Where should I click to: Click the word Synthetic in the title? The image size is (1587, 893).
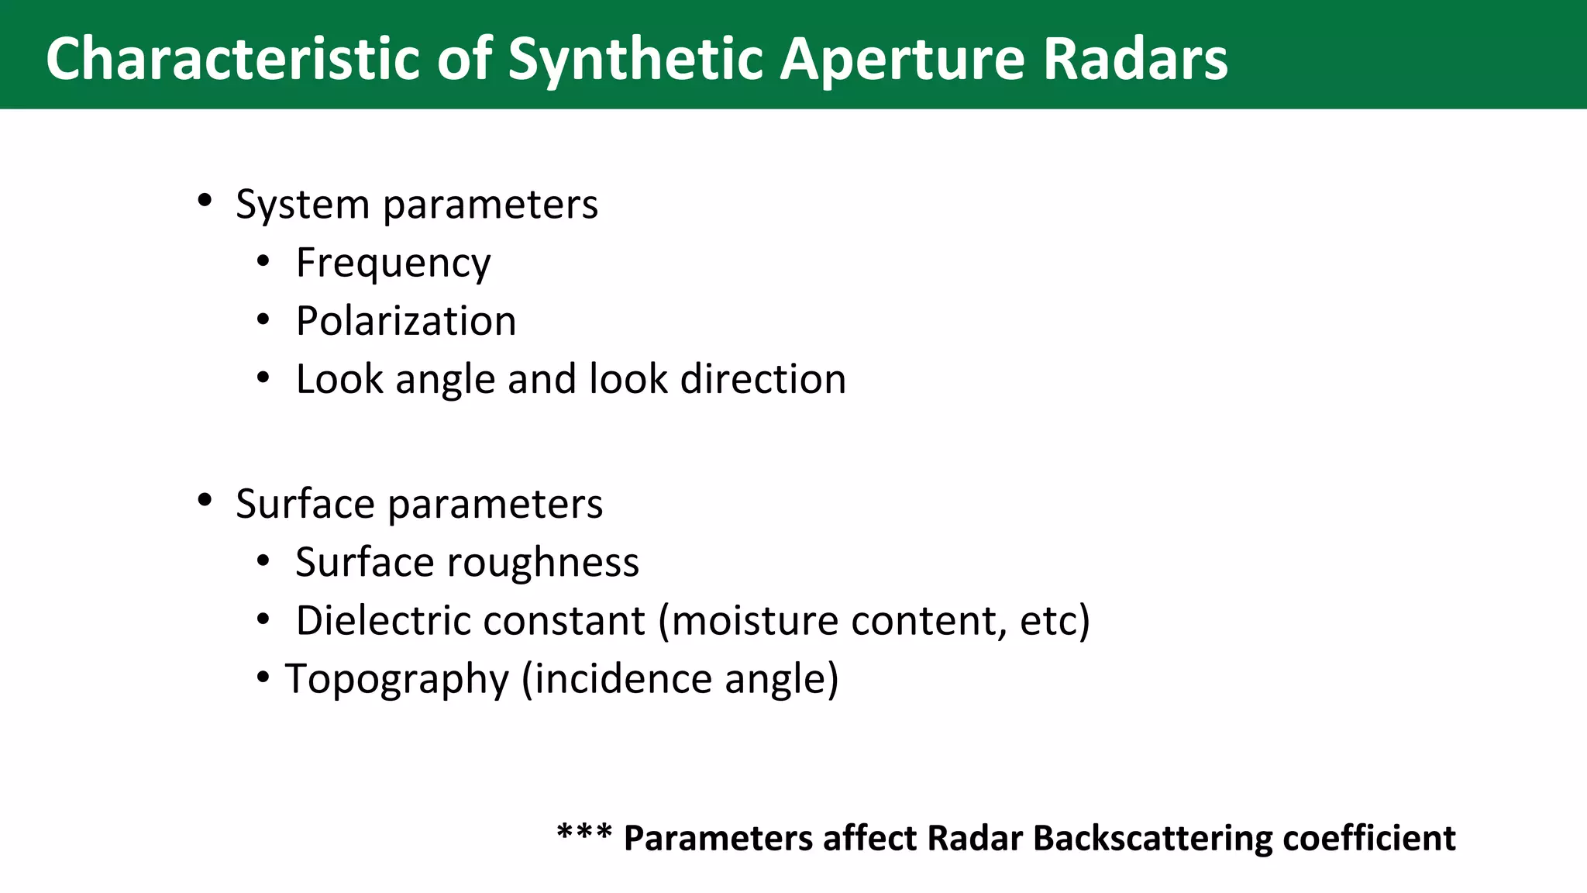click(636, 59)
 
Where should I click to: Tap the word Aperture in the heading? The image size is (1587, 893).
click(902, 59)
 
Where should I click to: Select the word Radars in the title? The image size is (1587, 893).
click(1135, 59)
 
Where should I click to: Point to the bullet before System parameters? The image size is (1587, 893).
click(205, 201)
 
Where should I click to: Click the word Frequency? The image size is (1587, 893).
click(393, 264)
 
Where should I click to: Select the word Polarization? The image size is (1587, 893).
click(406, 321)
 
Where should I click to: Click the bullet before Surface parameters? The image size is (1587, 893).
click(205, 500)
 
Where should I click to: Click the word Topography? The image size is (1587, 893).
click(397, 680)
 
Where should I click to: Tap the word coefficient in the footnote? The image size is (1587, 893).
click(1368, 839)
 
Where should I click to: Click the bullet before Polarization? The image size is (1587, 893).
click(263, 319)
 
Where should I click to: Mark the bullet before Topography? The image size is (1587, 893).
click(263, 678)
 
